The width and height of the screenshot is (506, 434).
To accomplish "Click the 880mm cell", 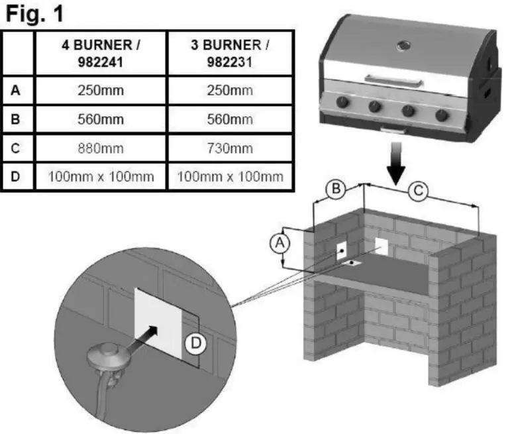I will coord(101,148).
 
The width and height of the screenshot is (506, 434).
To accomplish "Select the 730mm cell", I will coord(230,148).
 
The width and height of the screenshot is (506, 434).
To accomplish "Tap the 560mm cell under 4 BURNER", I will coord(101,119).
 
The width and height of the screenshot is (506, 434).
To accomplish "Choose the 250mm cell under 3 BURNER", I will coord(230,91).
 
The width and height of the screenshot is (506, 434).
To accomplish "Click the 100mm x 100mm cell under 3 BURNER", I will coord(230,176).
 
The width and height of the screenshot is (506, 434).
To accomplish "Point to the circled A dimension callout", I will coord(280,243).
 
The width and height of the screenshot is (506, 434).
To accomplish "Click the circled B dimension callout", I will coord(336,190).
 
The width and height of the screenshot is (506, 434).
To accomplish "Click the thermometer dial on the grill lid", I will coord(401,45).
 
